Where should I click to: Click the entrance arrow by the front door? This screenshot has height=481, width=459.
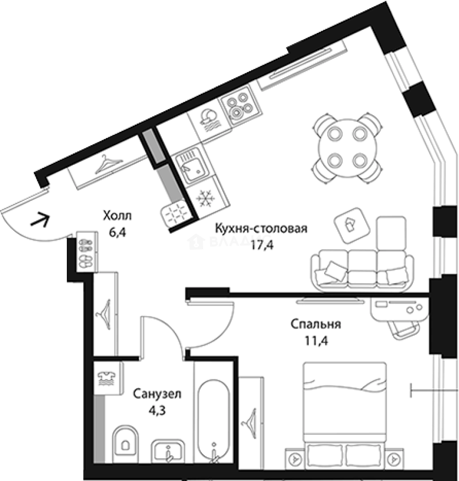point(40,220)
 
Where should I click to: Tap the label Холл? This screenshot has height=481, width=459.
point(118,216)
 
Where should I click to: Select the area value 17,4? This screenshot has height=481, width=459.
point(261,244)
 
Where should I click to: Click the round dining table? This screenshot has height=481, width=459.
point(346,147)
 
